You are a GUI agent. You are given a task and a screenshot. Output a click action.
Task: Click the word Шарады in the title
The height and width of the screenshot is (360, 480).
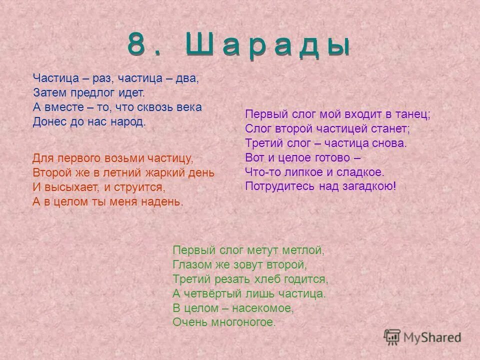click(x=267, y=46)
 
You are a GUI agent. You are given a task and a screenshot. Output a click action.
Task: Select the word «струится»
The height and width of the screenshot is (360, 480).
click(x=141, y=187)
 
